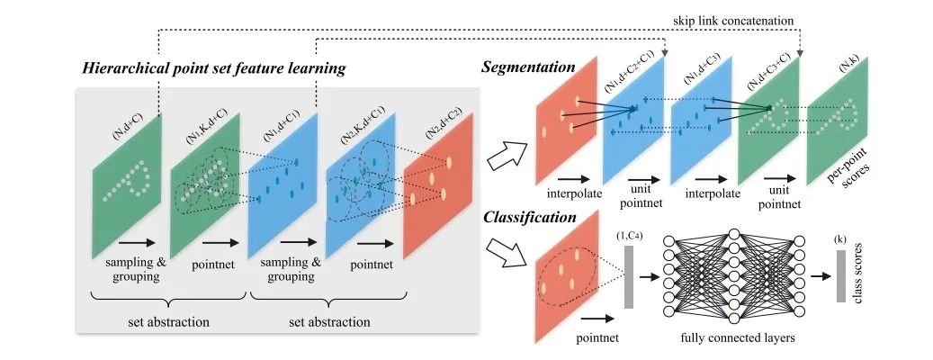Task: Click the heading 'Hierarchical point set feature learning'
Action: (215, 67)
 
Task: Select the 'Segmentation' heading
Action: (527, 67)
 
